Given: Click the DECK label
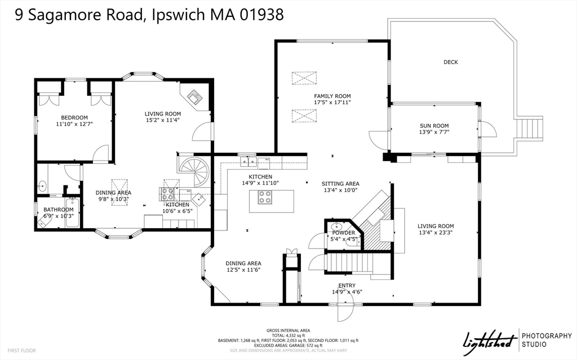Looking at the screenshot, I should point(450,62).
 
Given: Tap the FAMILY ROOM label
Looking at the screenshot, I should point(332,96).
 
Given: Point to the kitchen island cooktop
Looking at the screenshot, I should point(264,197).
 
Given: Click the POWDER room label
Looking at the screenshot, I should point(343,233).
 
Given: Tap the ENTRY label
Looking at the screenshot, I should point(346,285).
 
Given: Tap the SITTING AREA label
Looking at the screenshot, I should point(340,184).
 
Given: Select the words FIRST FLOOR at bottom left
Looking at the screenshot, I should point(22,350).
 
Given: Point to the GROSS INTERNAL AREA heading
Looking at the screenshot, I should point(288,330).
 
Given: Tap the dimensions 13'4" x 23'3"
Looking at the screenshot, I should point(435,232).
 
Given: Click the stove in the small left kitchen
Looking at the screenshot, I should point(168,194).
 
